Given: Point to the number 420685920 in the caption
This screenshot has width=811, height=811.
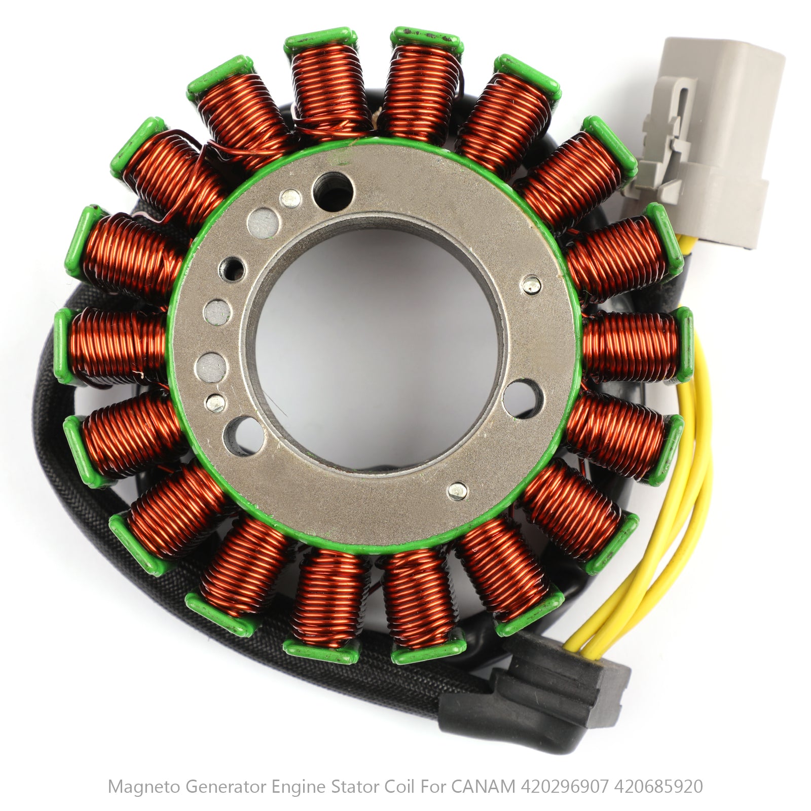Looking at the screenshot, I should tap(658, 787).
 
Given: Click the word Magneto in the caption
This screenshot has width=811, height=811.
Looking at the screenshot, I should tap(145, 787).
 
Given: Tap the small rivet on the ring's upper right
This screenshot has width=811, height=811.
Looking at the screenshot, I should tap(531, 285).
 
